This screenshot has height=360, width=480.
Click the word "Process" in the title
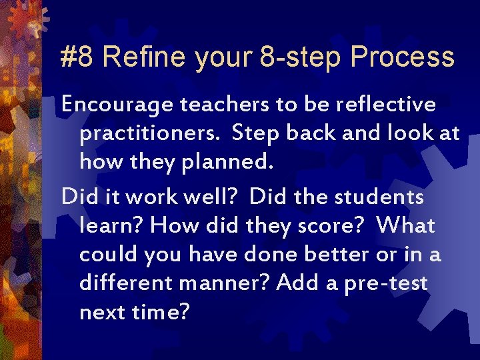[x=403, y=57]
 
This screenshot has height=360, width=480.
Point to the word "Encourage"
[x=116, y=105]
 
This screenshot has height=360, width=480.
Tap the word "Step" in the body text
[x=256, y=133]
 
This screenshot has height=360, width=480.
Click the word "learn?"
[x=111, y=226]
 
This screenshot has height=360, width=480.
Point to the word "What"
[x=405, y=226]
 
